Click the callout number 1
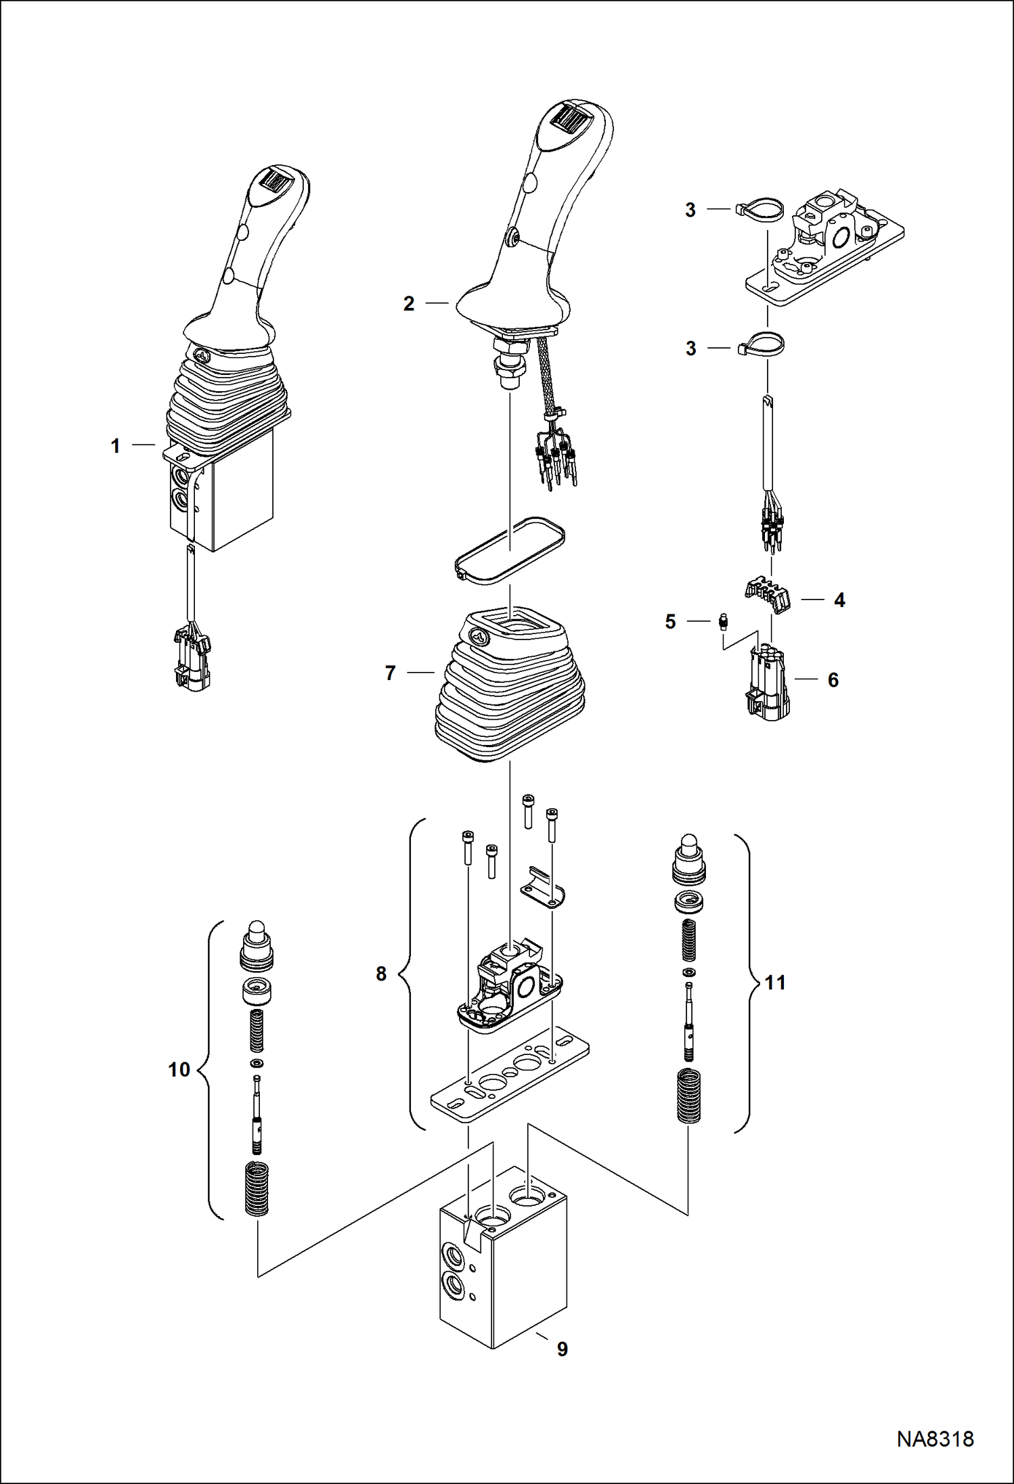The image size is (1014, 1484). (x=115, y=446)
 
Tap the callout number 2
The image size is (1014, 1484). (x=408, y=304)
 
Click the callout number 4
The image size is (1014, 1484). (x=839, y=600)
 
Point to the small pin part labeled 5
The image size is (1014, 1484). (x=723, y=621)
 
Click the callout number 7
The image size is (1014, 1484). (x=390, y=673)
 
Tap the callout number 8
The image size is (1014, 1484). (x=381, y=974)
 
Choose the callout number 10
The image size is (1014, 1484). (x=179, y=1070)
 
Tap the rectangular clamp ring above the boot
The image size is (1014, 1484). (x=510, y=549)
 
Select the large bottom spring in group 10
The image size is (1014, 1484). (x=257, y=1187)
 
